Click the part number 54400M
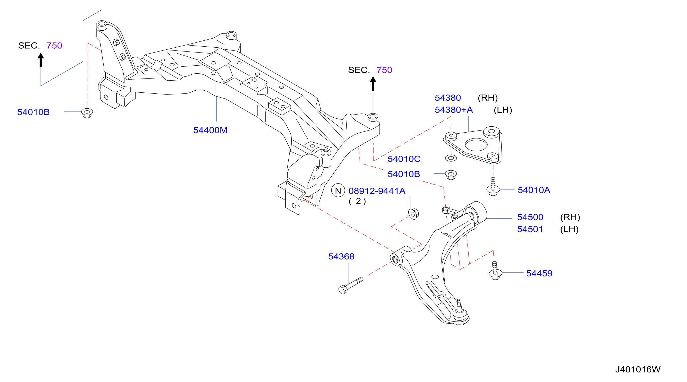[210, 130]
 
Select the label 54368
[341, 256]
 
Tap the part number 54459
[539, 273]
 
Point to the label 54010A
[534, 190]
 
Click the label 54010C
[404, 159]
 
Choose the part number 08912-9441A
[377, 191]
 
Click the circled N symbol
[338, 190]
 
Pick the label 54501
[530, 229]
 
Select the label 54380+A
[454, 110]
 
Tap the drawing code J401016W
[638, 369]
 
